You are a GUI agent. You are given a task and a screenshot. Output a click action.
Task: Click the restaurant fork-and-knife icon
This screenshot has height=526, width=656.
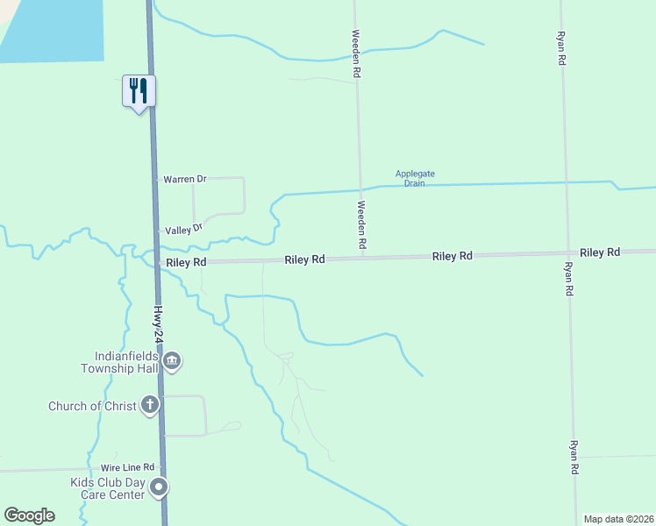point(139,89)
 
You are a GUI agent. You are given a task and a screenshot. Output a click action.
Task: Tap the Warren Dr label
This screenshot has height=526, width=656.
point(184,179)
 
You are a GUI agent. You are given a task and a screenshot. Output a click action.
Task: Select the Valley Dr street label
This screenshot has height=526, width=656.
point(184,228)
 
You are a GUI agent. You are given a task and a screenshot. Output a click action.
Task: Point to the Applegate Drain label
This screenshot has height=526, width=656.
point(415,179)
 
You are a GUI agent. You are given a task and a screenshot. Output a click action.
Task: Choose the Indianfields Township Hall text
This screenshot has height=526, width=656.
point(127,362)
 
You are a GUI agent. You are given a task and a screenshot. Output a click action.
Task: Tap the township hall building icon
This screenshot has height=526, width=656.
point(173,361)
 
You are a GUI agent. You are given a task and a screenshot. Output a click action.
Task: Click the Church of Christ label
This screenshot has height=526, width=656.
point(92,406)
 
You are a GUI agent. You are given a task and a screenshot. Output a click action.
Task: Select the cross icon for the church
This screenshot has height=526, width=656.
point(150,405)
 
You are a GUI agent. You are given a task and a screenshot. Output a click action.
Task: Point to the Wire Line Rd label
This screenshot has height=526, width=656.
point(127,467)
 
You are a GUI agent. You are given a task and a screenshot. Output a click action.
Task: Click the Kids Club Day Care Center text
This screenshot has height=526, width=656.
point(107,489)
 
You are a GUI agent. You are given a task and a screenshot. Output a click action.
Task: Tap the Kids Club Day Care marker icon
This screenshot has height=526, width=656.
point(159,487)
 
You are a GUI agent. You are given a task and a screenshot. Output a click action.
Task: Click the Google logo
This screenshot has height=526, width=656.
point(29,515)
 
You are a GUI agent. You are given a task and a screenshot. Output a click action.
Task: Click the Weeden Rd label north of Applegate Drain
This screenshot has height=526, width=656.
point(356,54)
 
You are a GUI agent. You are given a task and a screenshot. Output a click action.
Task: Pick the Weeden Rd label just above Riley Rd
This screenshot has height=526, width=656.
point(361,224)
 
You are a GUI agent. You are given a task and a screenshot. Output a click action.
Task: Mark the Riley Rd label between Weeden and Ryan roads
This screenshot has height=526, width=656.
point(452,256)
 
